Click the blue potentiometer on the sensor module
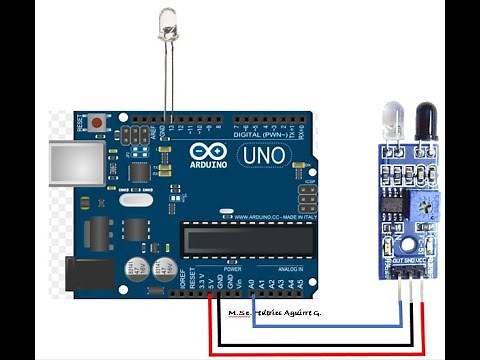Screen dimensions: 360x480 tap(424, 206)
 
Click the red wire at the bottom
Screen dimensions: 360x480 tap(300, 349)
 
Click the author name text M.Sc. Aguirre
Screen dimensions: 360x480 tap(272, 313)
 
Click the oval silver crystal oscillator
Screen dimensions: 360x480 tap(135, 199)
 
